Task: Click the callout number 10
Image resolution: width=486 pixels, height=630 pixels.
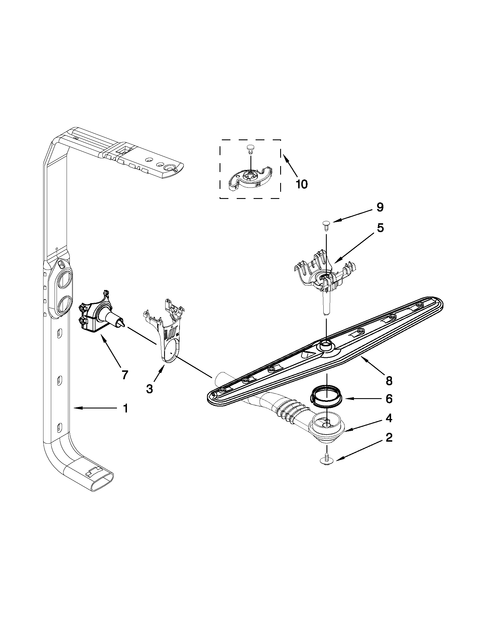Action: pos(301,184)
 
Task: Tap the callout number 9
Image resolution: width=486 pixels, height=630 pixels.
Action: pos(380,208)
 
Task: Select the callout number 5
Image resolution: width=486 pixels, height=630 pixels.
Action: pos(381,228)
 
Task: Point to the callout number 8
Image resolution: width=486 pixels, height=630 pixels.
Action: pos(389,380)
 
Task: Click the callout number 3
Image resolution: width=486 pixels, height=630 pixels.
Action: pos(150,388)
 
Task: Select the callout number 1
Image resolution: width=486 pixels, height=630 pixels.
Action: pos(125,408)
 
